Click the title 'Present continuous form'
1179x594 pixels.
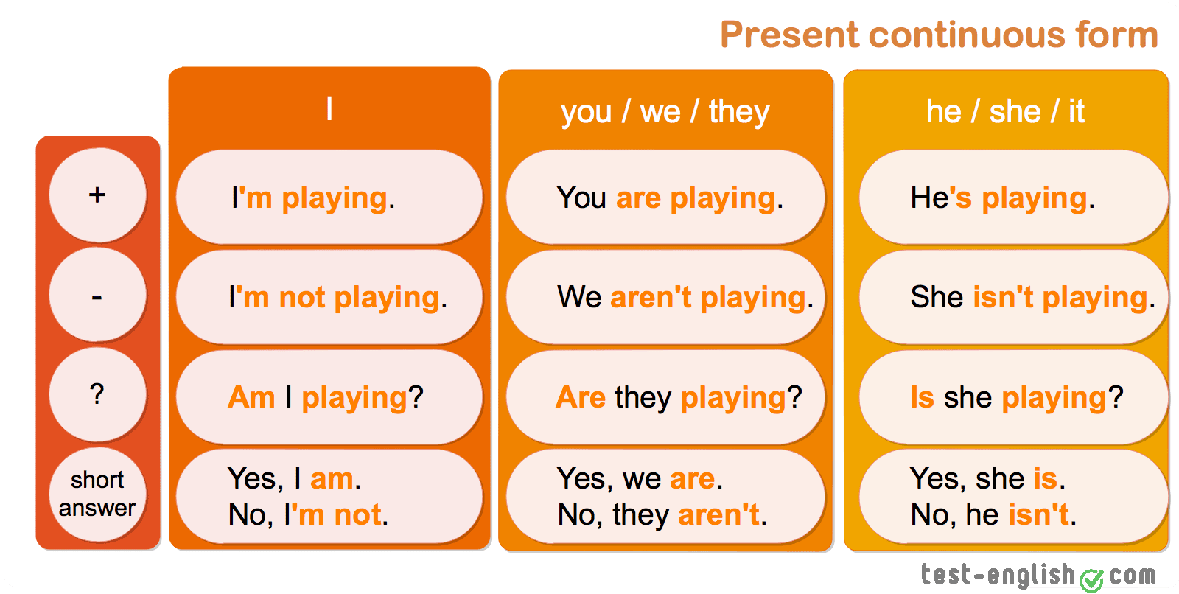[x=939, y=35]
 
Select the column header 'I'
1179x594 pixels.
[x=329, y=108]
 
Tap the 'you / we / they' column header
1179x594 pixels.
[x=665, y=112]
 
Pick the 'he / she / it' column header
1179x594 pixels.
[x=1005, y=111]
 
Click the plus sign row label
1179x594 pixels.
[x=97, y=195]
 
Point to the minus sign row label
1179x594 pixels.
[x=97, y=295]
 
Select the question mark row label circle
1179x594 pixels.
[x=97, y=394]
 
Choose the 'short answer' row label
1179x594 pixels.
[x=97, y=495]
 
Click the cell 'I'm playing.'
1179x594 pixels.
[x=329, y=197]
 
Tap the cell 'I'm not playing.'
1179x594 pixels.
[x=329, y=297]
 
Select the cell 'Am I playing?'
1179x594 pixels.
[x=329, y=397]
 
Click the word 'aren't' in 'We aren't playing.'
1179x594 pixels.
[x=651, y=297]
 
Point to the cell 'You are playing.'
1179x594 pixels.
[x=665, y=197]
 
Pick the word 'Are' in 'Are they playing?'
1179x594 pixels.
[x=581, y=397]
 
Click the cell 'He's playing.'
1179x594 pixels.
[x=1012, y=197]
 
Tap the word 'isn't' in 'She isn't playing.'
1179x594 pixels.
[x=1003, y=297]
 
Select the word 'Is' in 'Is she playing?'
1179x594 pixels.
[x=922, y=397]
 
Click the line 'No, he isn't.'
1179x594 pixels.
[x=994, y=514]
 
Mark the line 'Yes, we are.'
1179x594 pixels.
[x=640, y=479]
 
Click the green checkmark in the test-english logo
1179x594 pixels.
[x=1091, y=580]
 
